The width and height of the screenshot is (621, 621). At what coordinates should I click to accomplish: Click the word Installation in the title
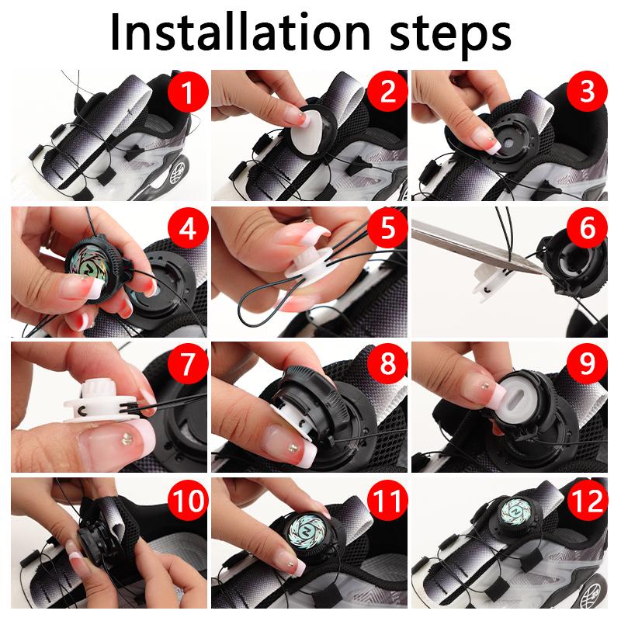point(240,32)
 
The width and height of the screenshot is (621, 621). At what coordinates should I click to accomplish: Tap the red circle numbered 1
point(188,92)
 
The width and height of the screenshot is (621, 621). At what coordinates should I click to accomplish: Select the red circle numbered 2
point(387,92)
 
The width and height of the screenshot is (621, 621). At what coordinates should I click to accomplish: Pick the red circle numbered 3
point(587,92)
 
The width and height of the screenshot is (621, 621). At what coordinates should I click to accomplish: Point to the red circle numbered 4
point(188,227)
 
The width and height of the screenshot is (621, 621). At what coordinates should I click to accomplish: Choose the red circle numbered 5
point(387,227)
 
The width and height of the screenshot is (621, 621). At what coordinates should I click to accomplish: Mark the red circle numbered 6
point(587,227)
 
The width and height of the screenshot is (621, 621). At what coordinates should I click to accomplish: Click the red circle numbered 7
point(188,363)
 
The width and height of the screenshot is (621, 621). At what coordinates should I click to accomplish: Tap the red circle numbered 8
point(387,363)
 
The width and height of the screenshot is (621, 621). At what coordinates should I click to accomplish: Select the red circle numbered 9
point(587,363)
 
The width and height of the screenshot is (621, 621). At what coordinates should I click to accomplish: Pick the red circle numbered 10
point(188,500)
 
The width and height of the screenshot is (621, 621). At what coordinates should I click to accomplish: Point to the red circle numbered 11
point(387,500)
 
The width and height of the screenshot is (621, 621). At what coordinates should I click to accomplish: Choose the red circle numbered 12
point(587,500)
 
